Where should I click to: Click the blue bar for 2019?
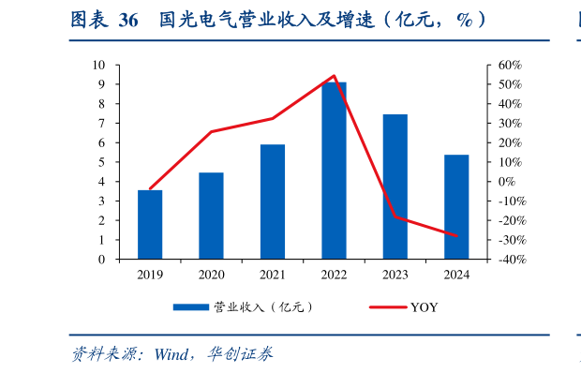coord(150,225)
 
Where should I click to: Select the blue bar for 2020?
coord(211,216)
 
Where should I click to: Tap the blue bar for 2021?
coord(273,201)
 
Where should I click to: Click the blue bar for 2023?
coord(395,186)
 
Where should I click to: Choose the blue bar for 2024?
coord(456,207)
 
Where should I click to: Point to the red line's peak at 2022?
coord(334,76)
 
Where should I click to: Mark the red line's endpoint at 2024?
coord(456,235)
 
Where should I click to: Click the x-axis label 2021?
coord(273,275)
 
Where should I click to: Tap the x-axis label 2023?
coord(395,275)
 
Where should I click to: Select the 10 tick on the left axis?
coord(100,65)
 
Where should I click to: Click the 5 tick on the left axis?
coord(103,162)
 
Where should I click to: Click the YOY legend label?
coord(424,307)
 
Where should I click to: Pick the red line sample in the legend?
coord(385,307)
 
